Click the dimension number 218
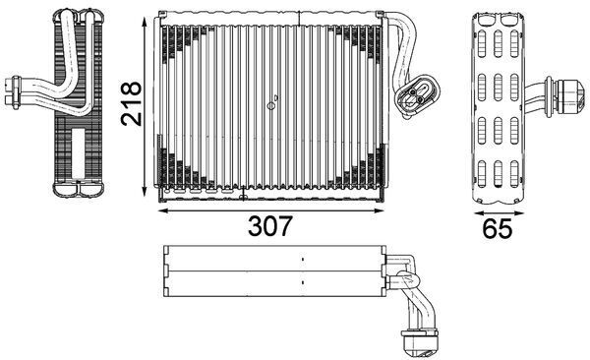coord(132,101)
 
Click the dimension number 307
coord(268,226)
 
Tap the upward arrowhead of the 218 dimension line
coord(147,21)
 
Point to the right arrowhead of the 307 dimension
coord(381,209)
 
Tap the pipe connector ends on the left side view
coord(15,90)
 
